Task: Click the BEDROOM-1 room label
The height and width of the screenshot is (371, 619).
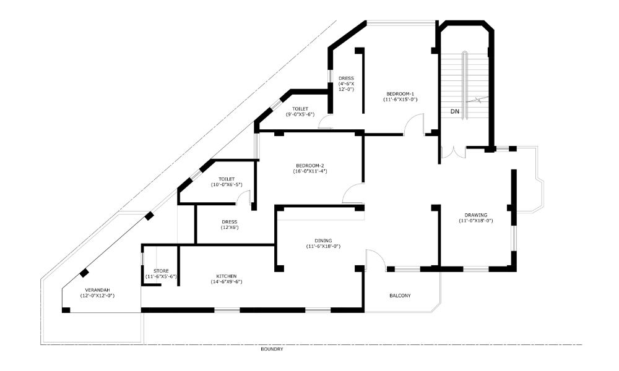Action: pos(400,93)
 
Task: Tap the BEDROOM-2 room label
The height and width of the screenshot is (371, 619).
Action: pos(310,166)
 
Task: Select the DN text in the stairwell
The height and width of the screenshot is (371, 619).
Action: pos(454,112)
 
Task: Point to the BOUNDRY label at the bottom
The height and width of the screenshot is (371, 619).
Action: pos(272,349)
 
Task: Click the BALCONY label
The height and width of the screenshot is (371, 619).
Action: pos(400,296)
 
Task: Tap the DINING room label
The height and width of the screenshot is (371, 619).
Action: pos(323,241)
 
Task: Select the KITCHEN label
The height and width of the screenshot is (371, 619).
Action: pos(226,276)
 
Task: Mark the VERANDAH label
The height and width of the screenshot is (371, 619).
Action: pos(97,290)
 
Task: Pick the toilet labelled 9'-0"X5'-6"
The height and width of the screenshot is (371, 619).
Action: pos(300,109)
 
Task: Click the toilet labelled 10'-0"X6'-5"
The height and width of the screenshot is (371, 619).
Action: pos(226,179)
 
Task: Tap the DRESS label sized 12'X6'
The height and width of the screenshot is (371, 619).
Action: pos(230,221)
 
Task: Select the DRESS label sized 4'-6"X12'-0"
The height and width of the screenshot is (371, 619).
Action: pos(346,79)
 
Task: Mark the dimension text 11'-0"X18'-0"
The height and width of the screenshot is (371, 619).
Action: pos(475,221)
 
